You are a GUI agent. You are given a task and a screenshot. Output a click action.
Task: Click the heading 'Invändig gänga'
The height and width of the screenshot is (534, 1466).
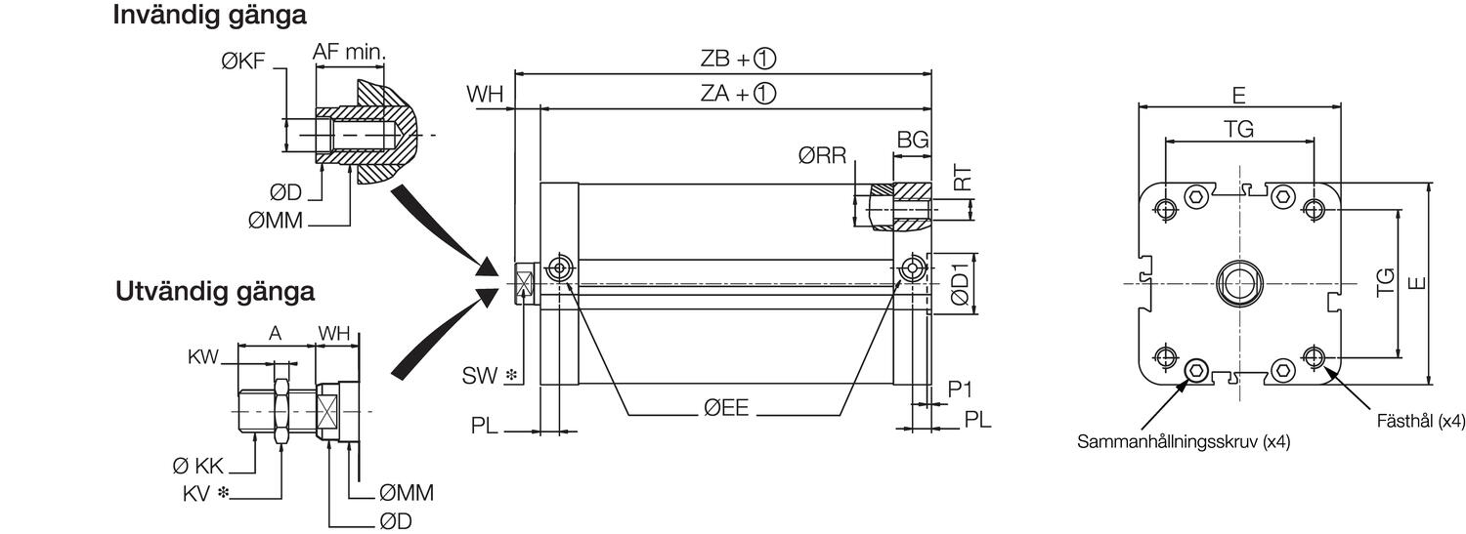209,17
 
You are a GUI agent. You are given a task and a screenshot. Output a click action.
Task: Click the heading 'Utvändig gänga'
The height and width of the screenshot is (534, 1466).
215,292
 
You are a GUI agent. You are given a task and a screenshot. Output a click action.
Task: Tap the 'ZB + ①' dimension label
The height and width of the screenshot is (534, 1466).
738,59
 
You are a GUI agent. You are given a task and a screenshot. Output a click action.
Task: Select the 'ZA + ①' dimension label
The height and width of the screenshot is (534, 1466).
738,94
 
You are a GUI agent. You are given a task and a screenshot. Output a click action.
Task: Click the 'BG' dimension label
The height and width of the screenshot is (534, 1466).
912,141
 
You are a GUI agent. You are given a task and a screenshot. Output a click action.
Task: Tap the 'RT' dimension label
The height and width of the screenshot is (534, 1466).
963,179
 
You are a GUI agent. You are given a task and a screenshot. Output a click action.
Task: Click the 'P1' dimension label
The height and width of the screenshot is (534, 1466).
961,389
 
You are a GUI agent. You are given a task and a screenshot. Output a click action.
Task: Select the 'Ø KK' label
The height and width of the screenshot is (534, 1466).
195,468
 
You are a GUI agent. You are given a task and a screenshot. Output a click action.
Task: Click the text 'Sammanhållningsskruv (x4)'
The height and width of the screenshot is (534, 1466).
1184,442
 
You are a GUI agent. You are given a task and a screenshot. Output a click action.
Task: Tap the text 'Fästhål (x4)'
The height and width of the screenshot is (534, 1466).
1421,422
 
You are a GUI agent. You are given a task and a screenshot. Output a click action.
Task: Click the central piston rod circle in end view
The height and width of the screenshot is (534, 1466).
1238,282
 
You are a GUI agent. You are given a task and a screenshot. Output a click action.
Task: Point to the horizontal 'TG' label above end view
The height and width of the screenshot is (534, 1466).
1238,130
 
